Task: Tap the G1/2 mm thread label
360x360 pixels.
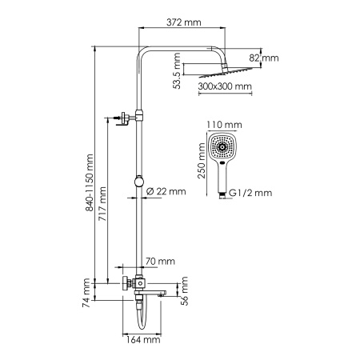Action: (250, 193)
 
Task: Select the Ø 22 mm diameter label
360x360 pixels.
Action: (166, 190)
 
